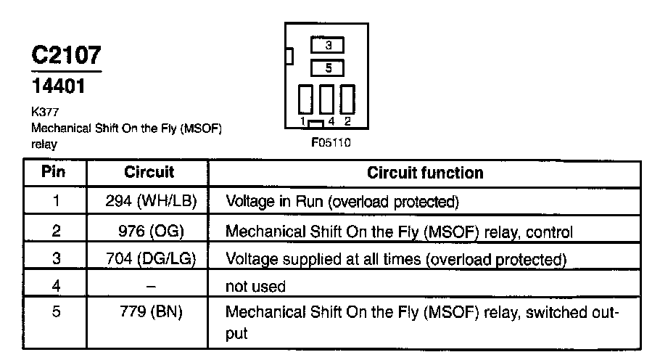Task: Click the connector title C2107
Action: point(65,55)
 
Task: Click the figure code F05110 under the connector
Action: point(331,143)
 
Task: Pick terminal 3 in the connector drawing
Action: point(328,45)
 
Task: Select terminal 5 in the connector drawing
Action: point(328,68)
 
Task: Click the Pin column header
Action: point(54,173)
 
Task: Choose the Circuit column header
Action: point(149,173)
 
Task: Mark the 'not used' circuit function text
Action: point(256,287)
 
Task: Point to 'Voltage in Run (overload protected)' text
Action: point(342,201)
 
